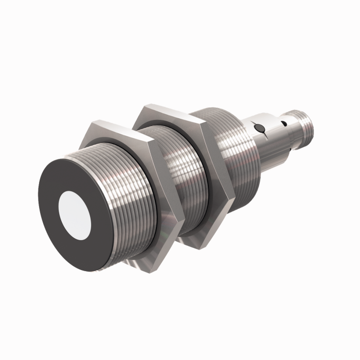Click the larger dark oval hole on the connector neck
pos(261,128)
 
